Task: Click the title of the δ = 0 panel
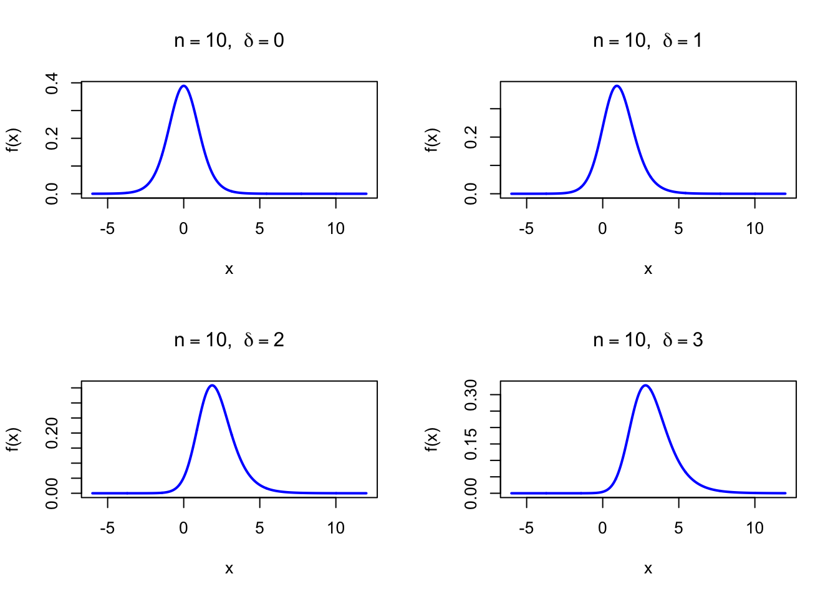point(229,41)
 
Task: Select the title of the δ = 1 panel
point(648,41)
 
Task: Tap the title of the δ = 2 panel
point(229,341)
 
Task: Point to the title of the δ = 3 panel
point(648,341)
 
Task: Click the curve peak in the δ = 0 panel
point(183,86)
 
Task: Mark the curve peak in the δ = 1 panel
point(617,86)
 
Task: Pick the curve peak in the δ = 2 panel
point(213,385)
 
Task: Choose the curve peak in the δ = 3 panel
point(645,385)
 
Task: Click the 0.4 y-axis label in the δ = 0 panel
point(52,83)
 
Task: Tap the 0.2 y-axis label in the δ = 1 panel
point(471,137)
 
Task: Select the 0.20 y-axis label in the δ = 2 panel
point(52,432)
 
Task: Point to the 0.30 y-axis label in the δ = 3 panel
point(471,394)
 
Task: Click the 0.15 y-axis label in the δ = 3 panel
point(471,444)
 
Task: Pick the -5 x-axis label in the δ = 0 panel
point(107,229)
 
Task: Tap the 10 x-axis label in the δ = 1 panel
point(754,229)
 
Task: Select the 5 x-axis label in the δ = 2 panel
point(259,528)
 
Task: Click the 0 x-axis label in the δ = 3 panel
point(602,528)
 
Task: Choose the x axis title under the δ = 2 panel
point(229,569)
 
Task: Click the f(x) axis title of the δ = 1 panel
point(432,140)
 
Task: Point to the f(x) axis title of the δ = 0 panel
point(13,140)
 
